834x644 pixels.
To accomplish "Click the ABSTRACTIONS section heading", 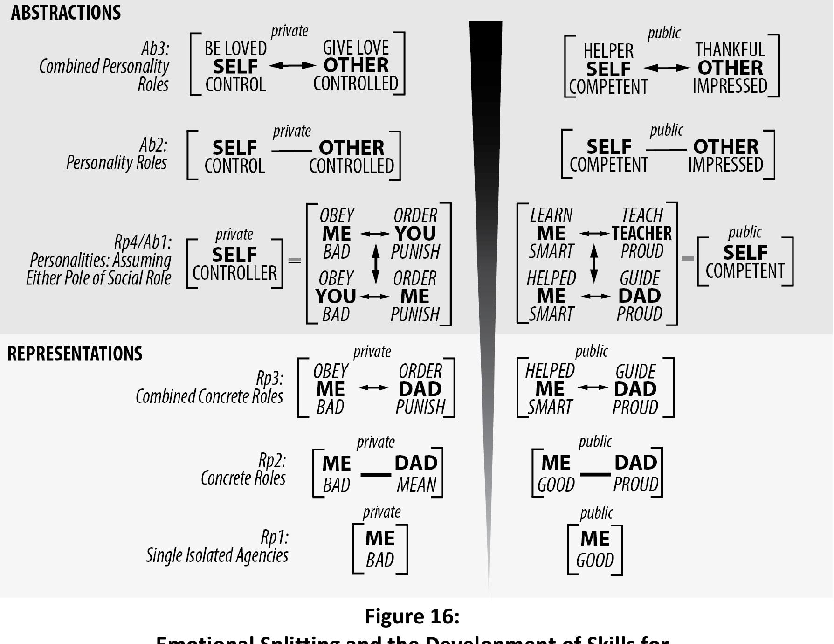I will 66,13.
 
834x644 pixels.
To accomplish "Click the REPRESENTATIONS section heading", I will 75,354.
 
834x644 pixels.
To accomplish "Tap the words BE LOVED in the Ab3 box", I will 235,48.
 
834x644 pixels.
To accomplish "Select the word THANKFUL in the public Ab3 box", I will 730,50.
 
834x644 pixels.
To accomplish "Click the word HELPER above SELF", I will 608,51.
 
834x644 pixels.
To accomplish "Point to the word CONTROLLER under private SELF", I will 234,273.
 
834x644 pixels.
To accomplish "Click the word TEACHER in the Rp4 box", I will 642,233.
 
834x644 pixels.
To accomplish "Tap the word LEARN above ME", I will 551,215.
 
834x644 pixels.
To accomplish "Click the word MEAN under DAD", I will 416,485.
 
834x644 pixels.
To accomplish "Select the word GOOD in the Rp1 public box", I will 595,560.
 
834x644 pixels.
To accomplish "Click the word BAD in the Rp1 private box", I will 380,560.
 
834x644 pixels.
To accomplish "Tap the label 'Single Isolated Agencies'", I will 217,555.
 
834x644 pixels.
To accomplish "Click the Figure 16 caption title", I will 412,616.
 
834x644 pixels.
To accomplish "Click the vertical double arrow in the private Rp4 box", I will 376,264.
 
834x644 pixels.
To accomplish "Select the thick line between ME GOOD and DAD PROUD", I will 595,475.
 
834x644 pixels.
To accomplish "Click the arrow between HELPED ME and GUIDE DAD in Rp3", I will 593,387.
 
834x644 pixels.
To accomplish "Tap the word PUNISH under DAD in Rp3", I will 420,407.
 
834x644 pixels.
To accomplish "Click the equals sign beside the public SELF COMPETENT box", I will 688,259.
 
